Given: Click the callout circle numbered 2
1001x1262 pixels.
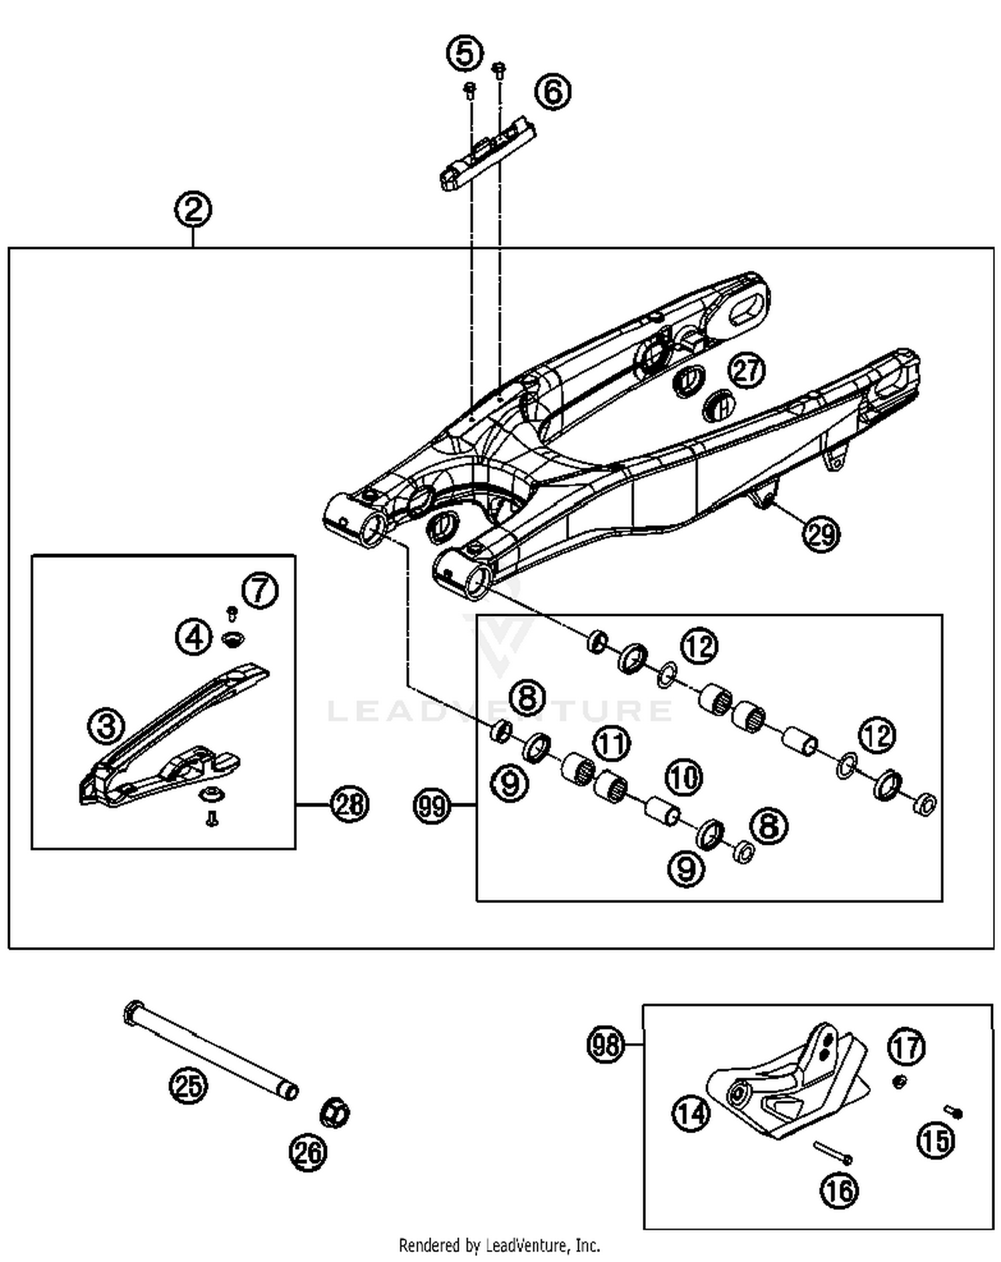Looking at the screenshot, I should click(193, 210).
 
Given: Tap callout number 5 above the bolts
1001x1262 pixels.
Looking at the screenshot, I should click(464, 53).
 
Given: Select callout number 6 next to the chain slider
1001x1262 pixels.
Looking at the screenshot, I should click(553, 91).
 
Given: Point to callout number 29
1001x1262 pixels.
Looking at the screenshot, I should click(821, 534).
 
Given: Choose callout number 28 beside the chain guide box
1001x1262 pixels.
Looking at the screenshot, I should click(350, 804).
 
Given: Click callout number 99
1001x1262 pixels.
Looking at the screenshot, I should click(432, 807).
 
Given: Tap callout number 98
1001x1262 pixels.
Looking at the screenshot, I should click(606, 1044).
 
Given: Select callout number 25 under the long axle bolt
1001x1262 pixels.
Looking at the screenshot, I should click(188, 1086).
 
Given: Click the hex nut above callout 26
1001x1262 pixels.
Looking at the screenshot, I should click(334, 1113).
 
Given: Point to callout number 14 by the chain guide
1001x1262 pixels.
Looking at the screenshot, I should click(690, 1113).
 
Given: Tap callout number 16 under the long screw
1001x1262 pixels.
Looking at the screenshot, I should click(839, 1190).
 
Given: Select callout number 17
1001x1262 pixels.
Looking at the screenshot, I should click(906, 1047).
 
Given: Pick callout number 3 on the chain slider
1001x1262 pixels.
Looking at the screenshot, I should click(107, 725).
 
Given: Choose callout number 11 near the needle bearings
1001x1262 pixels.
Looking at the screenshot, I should click(612, 744).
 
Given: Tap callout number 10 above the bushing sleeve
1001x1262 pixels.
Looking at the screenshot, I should click(683, 777).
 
